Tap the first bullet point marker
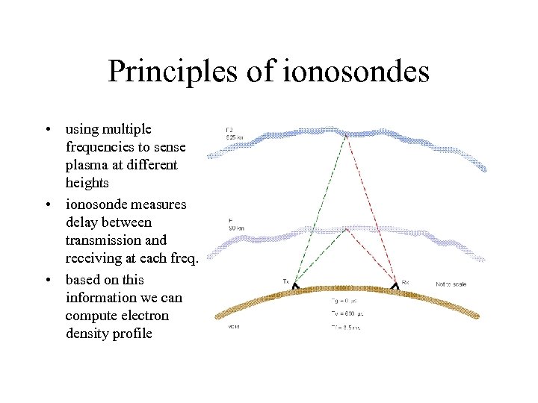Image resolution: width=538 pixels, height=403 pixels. coord(47,129)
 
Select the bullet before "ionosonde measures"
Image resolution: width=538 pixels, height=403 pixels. coord(47,204)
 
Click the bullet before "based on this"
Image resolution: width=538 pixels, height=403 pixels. coord(47,280)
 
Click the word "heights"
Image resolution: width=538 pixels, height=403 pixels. coord(87,183)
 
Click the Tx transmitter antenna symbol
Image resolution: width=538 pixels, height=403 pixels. coord(296,286)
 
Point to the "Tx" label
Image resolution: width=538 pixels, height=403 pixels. coord(285,281)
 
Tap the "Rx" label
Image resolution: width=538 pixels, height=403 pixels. coord(406,281)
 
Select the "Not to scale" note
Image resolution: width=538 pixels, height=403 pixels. coord(452,284)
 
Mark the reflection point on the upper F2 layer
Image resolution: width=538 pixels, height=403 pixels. coord(346,135)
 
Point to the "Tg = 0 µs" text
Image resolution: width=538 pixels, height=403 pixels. coord(344,301)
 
